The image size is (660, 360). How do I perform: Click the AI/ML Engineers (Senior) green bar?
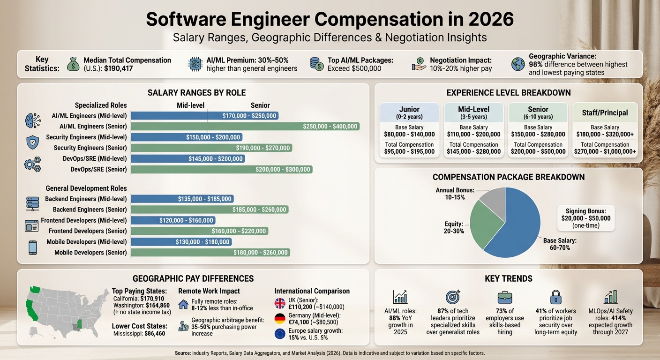coord(245,126)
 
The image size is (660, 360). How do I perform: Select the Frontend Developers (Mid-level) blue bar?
coord(172,220)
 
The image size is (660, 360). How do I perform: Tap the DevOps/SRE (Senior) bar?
coord(221,169)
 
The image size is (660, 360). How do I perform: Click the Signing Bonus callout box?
coord(585,218)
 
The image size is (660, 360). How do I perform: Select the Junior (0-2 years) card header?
coord(409,112)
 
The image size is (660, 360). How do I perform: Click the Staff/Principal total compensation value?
coord(605,151)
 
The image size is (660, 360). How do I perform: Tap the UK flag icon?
coord(280,303)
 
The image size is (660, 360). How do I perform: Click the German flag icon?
coord(280,319)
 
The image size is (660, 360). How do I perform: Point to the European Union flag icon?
coord(280,334)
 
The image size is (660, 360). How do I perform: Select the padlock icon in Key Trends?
coord(555,297)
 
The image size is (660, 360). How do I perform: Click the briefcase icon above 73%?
coord(505,297)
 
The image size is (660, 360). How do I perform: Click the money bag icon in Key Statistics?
coord(73,64)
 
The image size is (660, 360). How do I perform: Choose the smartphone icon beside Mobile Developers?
coord(32,247)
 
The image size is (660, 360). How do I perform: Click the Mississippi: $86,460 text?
coord(139,333)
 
